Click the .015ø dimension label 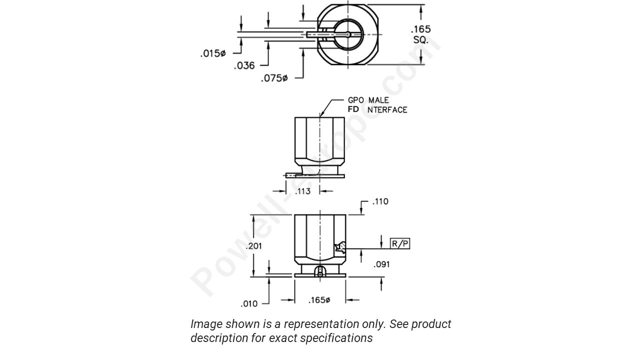[213, 53]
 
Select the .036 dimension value [244, 65]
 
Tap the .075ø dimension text [274, 78]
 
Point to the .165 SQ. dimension [420, 34]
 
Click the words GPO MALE [368, 100]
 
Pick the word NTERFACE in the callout [387, 110]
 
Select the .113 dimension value [302, 191]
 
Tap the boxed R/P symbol [400, 244]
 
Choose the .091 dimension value [381, 264]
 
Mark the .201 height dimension [254, 246]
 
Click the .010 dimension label [249, 303]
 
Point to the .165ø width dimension [319, 300]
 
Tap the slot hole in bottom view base [320, 271]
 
